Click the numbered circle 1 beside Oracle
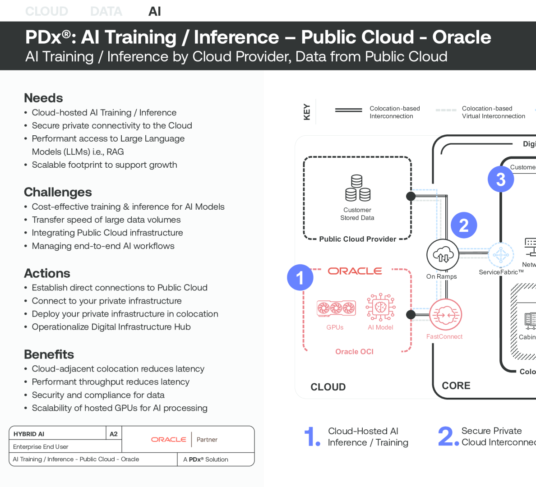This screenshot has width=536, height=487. (x=300, y=277)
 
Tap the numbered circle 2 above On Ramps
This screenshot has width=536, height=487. (x=464, y=225)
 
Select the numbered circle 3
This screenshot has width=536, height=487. (x=501, y=179)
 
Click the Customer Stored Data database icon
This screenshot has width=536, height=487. (x=357, y=188)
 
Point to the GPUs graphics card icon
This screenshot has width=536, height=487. (x=336, y=308)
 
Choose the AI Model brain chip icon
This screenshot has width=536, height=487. (x=380, y=307)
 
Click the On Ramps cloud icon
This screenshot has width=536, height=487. (x=443, y=255)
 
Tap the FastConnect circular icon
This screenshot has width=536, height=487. (x=445, y=315)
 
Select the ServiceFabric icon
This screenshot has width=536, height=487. (x=501, y=255)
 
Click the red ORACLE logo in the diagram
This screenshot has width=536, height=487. (x=355, y=271)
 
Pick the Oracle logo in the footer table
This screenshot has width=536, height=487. (x=168, y=439)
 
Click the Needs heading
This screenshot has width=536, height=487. (x=43, y=98)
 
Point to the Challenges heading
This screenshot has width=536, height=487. (x=58, y=192)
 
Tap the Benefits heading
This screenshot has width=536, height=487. (x=49, y=354)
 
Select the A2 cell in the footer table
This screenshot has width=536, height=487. (x=114, y=434)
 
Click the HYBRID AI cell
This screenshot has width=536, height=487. (x=29, y=434)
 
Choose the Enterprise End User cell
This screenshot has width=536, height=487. (x=41, y=446)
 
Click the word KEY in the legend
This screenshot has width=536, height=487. (x=307, y=112)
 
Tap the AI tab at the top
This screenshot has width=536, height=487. (x=155, y=11)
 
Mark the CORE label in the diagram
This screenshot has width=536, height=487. (x=456, y=386)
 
